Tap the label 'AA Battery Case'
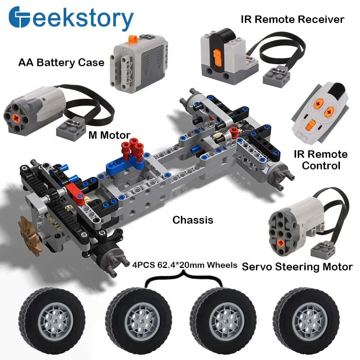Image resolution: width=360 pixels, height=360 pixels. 61,63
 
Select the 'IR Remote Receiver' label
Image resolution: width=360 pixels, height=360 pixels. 292,19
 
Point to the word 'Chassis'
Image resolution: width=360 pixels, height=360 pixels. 193,220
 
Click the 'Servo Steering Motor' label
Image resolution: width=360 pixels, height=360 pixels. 297,267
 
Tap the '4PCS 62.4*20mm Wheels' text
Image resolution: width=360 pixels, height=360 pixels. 184,265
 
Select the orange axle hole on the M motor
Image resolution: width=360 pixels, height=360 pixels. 16,118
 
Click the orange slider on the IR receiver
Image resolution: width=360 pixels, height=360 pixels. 217,58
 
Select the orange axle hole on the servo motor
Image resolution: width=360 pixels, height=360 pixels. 280,243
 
